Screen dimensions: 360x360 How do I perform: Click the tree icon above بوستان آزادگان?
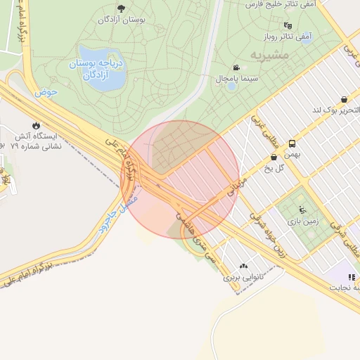[121, 8]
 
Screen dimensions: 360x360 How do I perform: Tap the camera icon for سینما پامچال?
[235, 67]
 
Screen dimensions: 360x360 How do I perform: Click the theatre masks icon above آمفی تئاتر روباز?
[287, 26]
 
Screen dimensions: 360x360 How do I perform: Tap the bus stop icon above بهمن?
[292, 144]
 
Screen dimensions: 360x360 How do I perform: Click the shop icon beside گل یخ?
[273, 157]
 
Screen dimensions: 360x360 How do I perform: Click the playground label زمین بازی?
[303, 221]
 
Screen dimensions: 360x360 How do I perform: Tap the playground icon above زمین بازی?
[302, 210]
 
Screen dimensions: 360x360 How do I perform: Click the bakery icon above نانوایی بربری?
[244, 266]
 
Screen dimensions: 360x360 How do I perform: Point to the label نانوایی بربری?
[243, 277]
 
